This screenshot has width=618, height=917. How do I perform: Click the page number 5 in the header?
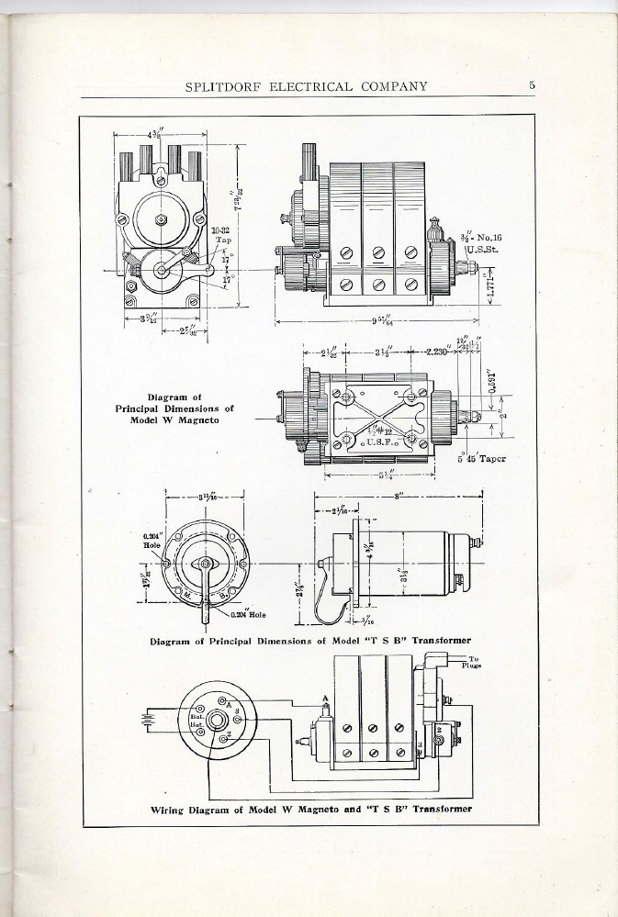point(532,86)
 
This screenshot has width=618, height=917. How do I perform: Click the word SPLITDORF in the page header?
point(225,87)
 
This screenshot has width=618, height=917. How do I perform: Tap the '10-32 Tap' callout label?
point(221,235)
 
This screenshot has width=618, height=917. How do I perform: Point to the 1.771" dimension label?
point(490,285)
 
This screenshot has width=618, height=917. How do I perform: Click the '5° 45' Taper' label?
point(482,459)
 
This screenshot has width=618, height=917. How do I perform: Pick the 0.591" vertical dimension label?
point(492,378)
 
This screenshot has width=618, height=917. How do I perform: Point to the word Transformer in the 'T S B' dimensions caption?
point(441,640)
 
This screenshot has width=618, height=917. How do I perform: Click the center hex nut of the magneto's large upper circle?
point(161,218)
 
